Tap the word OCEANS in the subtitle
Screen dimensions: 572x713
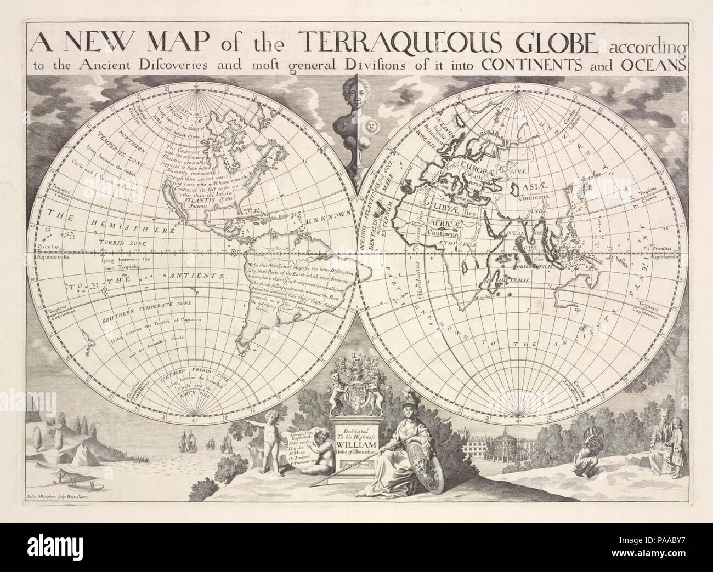coord(654,65)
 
